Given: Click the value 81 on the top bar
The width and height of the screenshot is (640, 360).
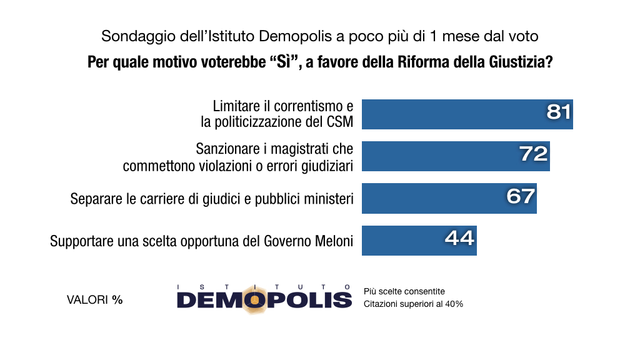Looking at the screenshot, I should (559, 112).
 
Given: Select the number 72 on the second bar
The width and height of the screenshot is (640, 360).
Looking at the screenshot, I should (534, 154).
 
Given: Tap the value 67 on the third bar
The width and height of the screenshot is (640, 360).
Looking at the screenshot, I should (521, 196).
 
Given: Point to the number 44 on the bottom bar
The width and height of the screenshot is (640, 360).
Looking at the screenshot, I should (460, 238).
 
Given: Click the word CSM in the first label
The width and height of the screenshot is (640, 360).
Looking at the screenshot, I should (340, 122).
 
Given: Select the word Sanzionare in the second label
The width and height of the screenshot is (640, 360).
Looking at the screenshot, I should (226, 149).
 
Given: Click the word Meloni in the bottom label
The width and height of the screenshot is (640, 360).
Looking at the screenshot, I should (334, 241).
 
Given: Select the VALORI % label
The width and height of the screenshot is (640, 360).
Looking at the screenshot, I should (94, 300).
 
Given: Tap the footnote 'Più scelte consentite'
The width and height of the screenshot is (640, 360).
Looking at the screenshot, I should (404, 291).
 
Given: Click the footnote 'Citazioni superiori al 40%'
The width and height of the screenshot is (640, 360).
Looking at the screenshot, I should (413, 304).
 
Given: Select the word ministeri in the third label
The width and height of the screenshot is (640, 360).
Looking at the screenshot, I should (329, 199).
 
